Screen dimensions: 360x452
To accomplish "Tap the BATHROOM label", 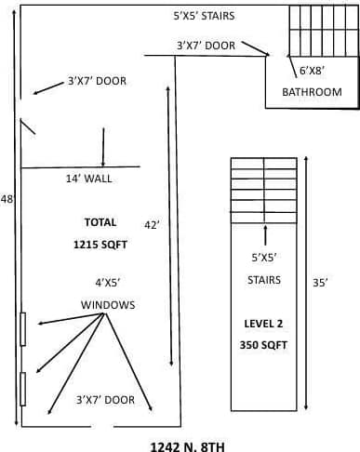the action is coord(312,92).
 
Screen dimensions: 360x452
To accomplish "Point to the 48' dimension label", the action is coord(7,199).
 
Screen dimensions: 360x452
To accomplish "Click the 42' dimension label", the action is coord(152,224).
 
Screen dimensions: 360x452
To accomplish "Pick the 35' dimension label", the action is coord(321,285).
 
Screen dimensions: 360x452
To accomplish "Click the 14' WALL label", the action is coord(91,179).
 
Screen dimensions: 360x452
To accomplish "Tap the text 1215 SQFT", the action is coord(100,245).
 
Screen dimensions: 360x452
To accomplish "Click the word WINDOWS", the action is coord(108,305).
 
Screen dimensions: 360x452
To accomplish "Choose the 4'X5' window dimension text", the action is coord(108,282).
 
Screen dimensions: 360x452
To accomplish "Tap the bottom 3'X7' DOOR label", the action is coord(105,400).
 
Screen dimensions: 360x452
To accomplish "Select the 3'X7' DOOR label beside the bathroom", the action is coord(206,45).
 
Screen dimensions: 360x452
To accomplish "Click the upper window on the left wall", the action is coord(22,328).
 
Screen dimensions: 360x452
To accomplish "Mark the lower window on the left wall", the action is coord(22,389).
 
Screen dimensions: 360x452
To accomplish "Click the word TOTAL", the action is coord(100,222).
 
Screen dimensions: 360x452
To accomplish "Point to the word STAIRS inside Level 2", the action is coord(264,279).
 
